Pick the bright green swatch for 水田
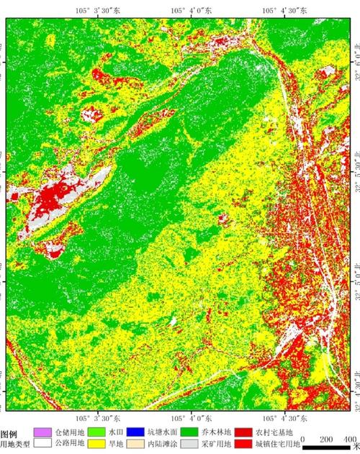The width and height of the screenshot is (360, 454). [x=98, y=432]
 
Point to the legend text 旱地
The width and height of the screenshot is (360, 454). [x=115, y=444]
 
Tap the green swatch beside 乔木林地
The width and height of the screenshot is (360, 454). [x=189, y=432]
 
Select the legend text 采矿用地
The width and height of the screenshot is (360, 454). [x=217, y=444]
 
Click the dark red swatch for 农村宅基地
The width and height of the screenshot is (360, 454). [x=243, y=432]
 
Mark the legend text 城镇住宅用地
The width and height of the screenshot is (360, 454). [x=274, y=444]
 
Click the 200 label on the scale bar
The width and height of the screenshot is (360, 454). [x=325, y=439]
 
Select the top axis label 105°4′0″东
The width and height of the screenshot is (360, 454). [x=190, y=10]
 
